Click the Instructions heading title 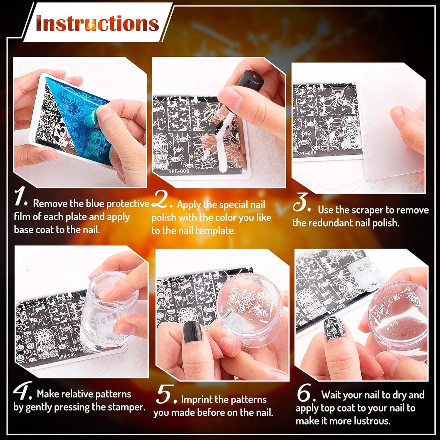(97, 23)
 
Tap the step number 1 (21, 198)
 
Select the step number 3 (302, 202)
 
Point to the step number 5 (166, 395)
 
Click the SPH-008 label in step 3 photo (306, 153)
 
